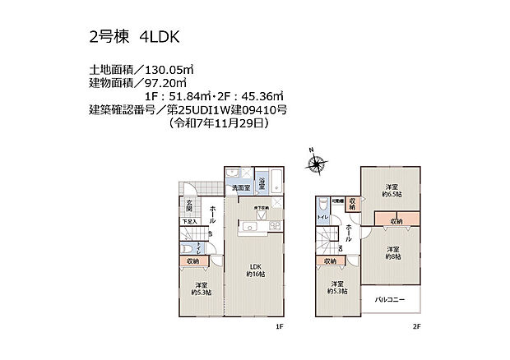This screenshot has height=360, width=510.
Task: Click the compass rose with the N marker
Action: (318, 165)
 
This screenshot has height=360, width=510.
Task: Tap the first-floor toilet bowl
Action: (191, 247)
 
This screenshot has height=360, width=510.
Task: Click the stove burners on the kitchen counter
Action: (275, 224)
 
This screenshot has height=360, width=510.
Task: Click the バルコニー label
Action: (391, 300)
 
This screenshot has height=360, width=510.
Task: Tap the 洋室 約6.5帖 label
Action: (391, 191)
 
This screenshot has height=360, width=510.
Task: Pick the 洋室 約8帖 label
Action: (392, 252)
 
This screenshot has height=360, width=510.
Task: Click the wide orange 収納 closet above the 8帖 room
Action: (396, 220)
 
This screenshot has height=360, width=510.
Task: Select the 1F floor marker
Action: (279, 326)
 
